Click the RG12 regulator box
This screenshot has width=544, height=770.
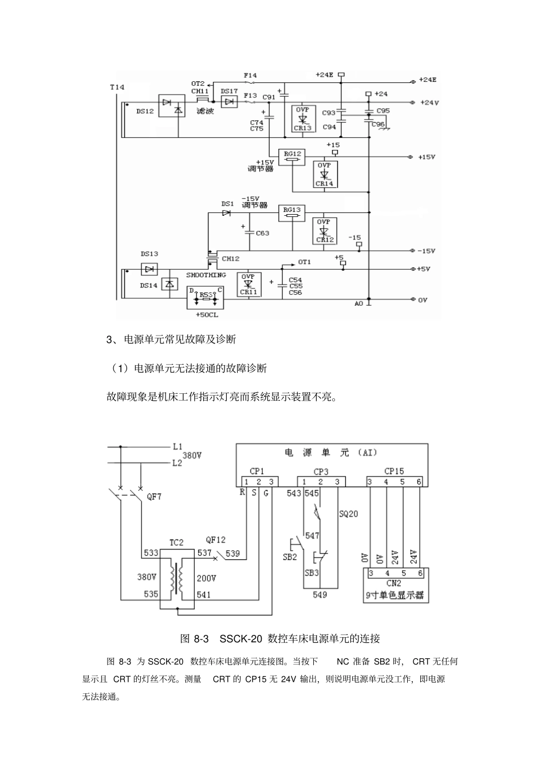292,156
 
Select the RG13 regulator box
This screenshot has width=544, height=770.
292,212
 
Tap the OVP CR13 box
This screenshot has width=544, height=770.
302,119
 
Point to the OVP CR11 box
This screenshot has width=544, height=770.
248,284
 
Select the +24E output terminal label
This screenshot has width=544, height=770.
427,80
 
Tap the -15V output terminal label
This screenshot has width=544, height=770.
426,251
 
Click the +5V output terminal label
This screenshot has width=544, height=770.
424,268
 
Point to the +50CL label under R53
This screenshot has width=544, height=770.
206,315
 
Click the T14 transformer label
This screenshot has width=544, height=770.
116,88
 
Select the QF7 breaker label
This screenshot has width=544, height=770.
154,496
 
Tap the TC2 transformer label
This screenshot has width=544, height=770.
176,542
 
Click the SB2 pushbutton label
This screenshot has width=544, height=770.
290,556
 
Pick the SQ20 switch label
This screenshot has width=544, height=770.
348,514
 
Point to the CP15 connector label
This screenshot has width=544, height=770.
394,471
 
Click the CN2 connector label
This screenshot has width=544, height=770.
394,583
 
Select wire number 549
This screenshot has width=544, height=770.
320,595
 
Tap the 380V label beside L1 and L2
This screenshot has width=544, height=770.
192,456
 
